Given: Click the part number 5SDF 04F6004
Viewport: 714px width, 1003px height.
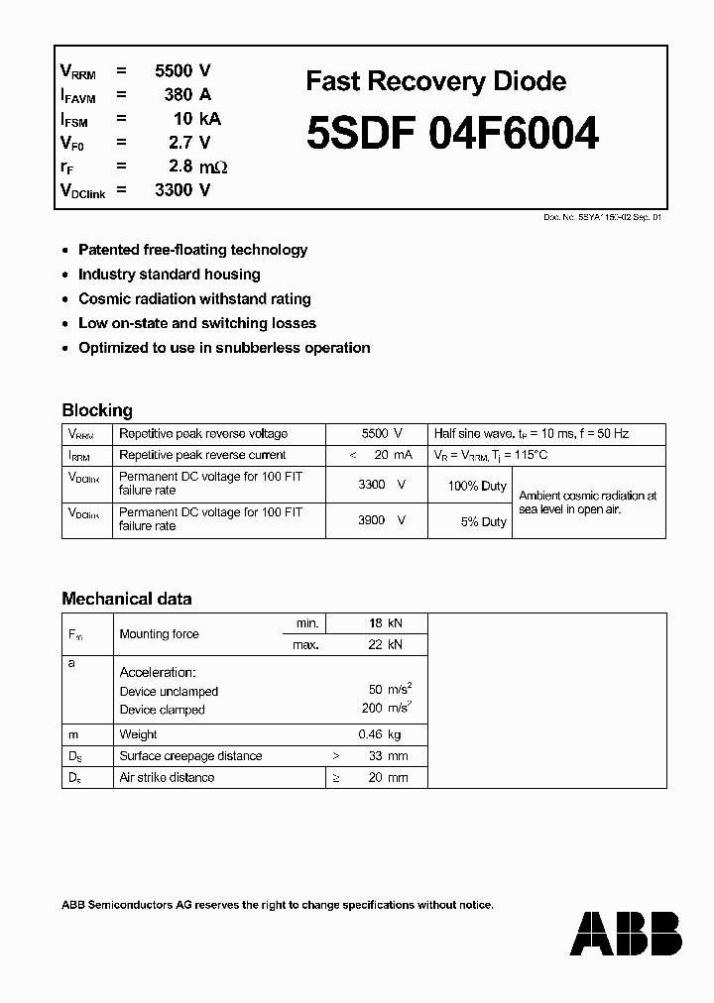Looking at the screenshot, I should coord(452,134).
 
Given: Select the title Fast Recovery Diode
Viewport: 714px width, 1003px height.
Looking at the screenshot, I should coord(435,81).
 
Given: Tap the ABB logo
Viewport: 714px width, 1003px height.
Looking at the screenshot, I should coord(627,935).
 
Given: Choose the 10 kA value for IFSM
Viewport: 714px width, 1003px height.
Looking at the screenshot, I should coord(196,119).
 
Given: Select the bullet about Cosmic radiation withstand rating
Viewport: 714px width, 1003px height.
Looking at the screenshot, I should coord(194,298).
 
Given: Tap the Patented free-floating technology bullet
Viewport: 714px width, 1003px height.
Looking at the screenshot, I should coord(192,250).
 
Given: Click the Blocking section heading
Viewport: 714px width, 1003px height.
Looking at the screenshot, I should coord(97,409).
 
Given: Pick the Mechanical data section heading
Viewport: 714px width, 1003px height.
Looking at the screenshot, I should coord(127,599).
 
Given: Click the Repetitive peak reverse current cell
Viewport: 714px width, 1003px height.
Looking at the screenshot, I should coord(202,455).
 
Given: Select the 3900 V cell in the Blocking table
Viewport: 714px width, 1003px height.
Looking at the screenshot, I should coord(382,519).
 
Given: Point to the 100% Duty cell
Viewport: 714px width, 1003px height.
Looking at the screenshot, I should coord(477,486).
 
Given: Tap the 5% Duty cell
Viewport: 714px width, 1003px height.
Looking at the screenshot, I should coord(483,521).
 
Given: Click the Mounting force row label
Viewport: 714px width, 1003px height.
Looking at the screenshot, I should coord(159,634).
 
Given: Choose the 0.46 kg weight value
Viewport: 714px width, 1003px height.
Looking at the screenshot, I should coord(379,734).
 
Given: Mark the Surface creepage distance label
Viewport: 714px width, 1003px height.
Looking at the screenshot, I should coord(190,756).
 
